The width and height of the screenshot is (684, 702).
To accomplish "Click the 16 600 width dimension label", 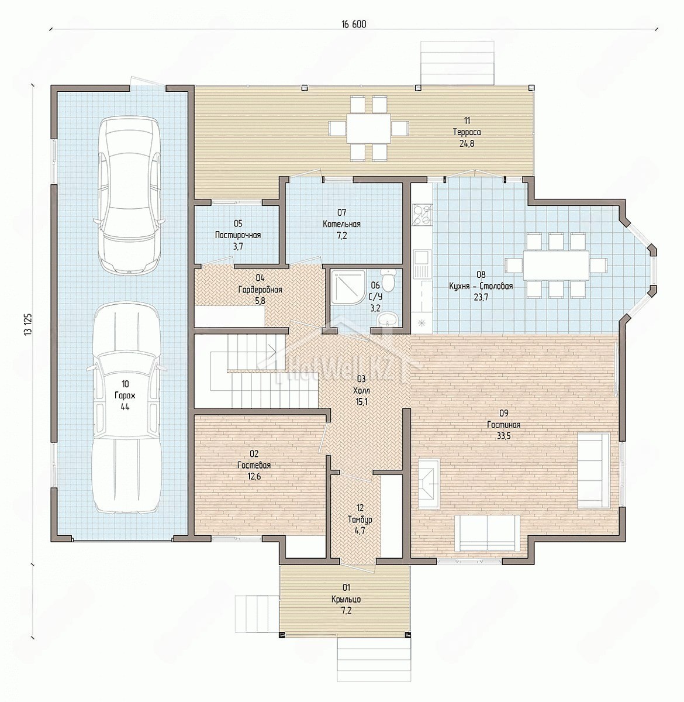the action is [x=353, y=24].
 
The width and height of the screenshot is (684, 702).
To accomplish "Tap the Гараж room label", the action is [x=125, y=395].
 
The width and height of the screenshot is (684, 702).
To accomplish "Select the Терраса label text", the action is [x=467, y=132].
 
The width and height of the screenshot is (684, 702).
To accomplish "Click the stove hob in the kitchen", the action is [x=421, y=214].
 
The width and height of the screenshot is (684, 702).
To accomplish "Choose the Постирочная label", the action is [x=238, y=235].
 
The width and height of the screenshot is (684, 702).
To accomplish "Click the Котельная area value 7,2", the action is [x=341, y=236].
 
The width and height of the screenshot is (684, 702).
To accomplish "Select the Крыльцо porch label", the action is [x=346, y=600].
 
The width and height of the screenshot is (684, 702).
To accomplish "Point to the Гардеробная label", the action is [x=260, y=290].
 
